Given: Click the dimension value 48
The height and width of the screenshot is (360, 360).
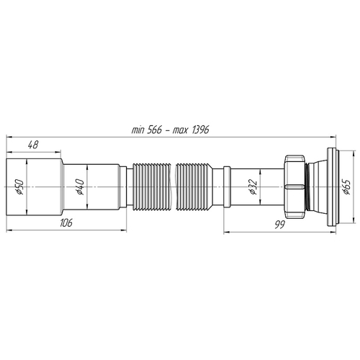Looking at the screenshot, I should pyautogui.click(x=33, y=145).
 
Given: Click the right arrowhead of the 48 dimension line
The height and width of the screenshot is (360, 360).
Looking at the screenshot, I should pyautogui.click(x=58, y=152).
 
